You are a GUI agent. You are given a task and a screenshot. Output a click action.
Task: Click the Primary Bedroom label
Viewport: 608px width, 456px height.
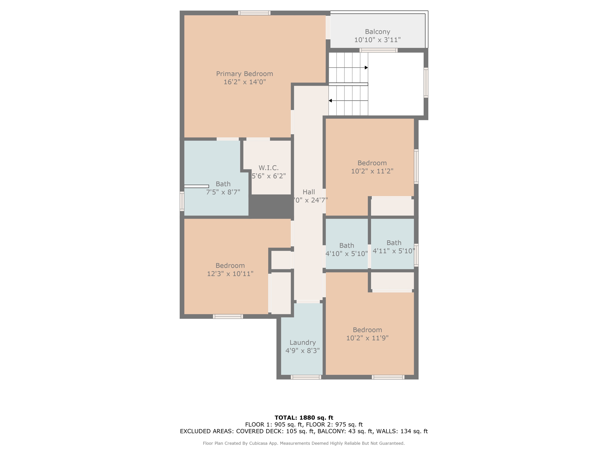point(244,74)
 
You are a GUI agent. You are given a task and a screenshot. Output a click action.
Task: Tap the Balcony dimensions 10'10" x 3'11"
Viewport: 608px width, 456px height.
point(377,40)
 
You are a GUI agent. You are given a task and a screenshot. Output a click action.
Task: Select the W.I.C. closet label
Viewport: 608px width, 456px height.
point(268,168)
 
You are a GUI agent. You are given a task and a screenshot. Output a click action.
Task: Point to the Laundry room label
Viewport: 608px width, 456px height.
point(303,343)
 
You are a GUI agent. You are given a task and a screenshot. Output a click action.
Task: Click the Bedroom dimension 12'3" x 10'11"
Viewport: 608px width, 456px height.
point(230,274)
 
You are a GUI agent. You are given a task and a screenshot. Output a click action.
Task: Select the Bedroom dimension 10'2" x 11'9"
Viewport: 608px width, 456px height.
point(367,338)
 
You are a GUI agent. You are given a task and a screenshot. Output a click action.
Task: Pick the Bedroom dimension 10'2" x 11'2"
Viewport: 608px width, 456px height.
point(372,171)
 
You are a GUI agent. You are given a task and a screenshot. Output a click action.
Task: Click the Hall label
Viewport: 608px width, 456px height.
point(309,192)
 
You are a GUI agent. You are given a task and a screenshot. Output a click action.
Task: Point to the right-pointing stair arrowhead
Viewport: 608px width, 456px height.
point(366,68)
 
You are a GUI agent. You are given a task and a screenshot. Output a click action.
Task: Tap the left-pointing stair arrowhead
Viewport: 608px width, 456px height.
point(330,101)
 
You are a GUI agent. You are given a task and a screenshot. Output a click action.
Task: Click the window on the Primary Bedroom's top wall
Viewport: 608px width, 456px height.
point(254,13)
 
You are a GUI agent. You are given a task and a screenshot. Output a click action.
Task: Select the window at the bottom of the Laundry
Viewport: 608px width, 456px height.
point(306,377)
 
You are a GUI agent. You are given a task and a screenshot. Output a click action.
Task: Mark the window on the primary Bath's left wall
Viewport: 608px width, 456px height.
point(182,201)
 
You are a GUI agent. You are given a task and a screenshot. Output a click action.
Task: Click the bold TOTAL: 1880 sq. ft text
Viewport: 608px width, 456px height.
point(304,418)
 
